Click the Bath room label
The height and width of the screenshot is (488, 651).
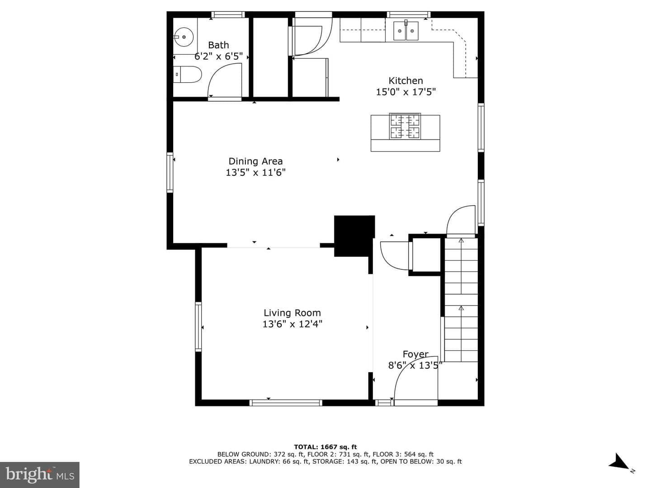point(218,45)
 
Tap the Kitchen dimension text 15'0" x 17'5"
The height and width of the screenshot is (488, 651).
point(406,92)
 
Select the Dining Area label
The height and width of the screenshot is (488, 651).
point(255,161)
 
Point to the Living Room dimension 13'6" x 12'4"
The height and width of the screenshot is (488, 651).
point(292,324)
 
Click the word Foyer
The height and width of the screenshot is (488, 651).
point(415,354)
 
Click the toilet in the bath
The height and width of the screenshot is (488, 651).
point(188,74)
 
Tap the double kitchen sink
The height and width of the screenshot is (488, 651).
point(406,31)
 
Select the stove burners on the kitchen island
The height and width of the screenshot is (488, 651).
point(405,126)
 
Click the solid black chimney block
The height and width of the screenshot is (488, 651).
point(354,235)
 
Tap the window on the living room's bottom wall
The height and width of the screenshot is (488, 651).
point(286,403)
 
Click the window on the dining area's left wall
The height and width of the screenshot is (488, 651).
point(170,173)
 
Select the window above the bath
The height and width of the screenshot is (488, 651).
point(228,14)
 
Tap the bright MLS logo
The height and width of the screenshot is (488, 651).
point(40,474)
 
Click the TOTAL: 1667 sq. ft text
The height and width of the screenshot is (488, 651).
point(325,447)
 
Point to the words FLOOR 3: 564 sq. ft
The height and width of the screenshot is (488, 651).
point(403,454)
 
